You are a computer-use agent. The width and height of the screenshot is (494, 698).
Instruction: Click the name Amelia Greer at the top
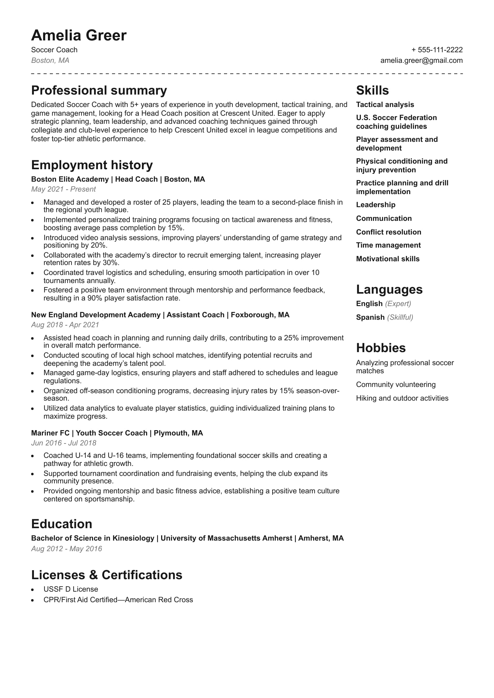click(79, 35)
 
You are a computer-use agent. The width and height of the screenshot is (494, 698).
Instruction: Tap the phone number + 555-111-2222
click(437, 50)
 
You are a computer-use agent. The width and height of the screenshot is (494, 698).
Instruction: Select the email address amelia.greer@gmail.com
click(421, 60)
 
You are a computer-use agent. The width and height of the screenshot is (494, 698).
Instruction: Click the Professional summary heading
click(99, 91)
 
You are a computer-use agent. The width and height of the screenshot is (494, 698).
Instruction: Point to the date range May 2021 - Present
click(63, 189)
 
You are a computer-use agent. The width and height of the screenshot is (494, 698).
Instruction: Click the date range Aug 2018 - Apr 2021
click(65, 325)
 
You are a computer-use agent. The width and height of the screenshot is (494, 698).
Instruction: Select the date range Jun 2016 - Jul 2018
click(63, 443)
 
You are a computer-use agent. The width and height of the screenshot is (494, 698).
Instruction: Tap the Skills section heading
click(372, 91)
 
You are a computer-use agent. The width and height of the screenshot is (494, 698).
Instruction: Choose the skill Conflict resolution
click(388, 232)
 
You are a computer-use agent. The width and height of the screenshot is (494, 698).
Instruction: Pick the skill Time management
click(388, 245)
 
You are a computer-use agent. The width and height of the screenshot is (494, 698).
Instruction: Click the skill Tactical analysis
click(385, 105)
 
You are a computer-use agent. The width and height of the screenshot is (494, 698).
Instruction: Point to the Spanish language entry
click(370, 317)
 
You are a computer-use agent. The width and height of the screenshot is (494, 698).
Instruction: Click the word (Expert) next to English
click(398, 304)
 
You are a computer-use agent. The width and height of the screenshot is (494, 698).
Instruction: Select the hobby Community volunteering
click(396, 384)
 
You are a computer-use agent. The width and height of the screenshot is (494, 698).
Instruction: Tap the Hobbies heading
click(380, 348)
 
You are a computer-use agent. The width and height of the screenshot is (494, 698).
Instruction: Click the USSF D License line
click(71, 589)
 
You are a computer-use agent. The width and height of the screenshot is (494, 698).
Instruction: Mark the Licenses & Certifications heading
click(107, 575)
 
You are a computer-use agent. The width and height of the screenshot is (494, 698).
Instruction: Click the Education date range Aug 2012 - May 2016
click(67, 549)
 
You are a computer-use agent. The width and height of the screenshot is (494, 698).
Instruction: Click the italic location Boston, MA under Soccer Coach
click(50, 60)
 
